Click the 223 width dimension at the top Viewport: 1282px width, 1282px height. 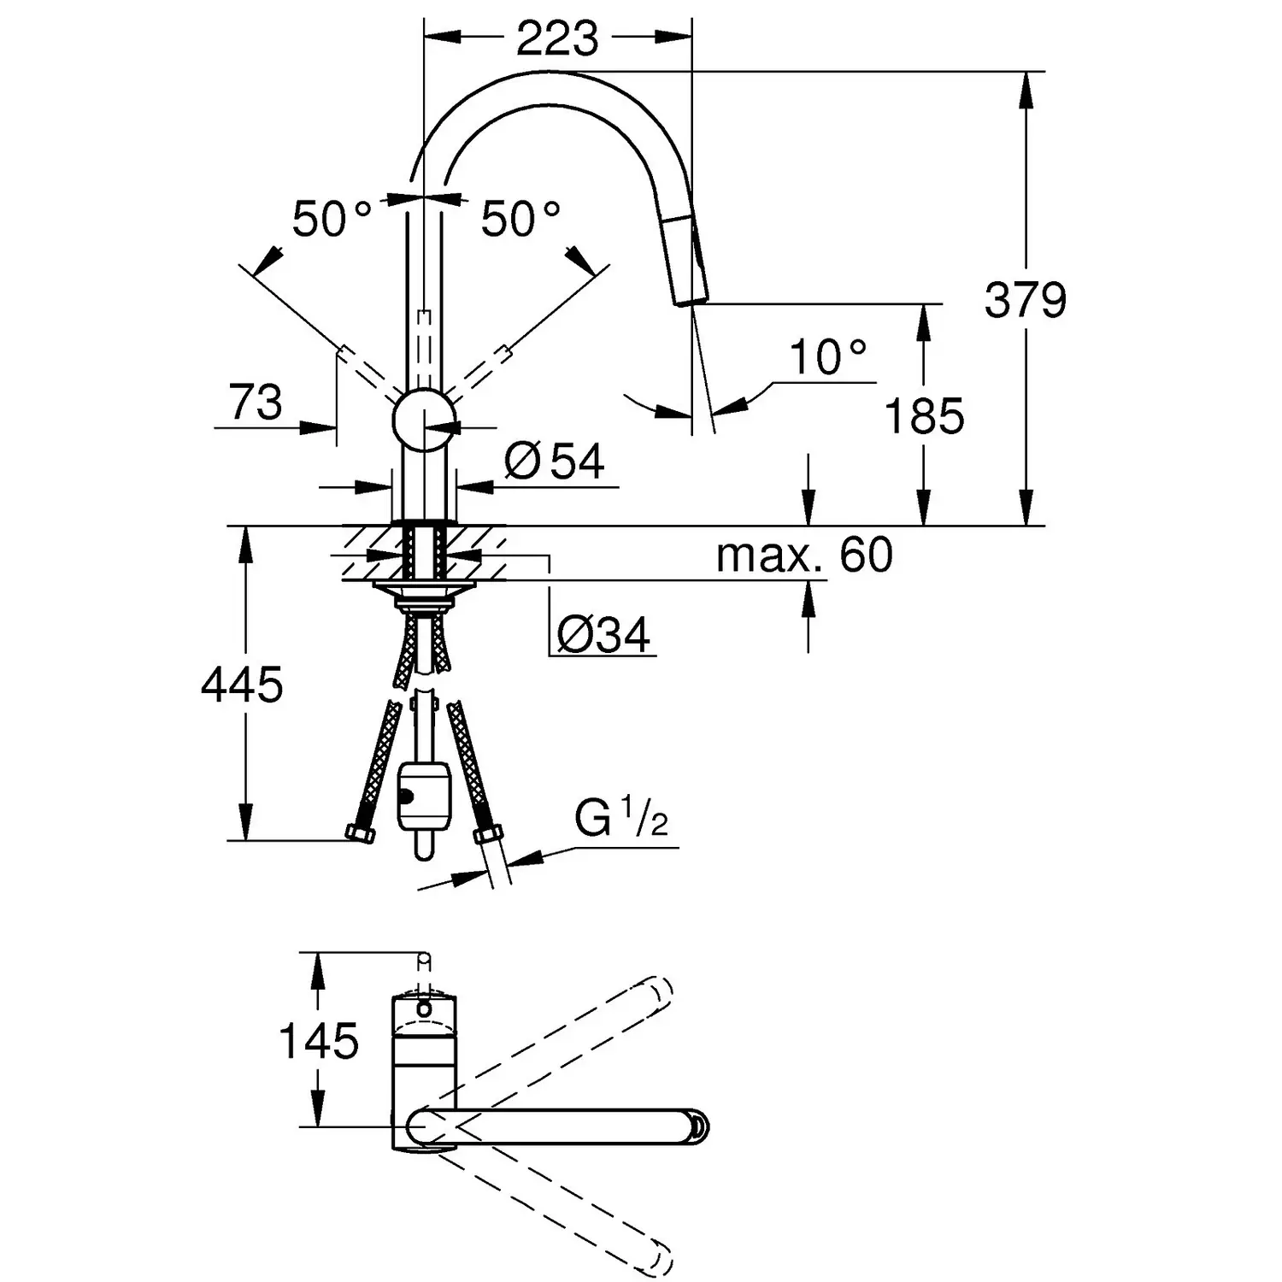(557, 38)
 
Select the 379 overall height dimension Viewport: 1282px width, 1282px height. (1025, 300)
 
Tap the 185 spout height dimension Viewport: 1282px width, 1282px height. (924, 416)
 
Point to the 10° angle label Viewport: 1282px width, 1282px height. (826, 357)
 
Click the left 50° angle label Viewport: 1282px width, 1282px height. (331, 219)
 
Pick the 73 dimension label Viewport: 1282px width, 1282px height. (256, 402)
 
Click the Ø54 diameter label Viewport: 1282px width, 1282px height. (554, 462)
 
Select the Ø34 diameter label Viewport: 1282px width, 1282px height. (603, 635)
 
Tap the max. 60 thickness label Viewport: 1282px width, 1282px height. (804, 555)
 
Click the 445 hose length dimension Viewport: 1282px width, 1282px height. (242, 685)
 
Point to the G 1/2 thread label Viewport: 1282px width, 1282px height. (620, 820)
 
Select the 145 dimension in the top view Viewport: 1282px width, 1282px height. (319, 1041)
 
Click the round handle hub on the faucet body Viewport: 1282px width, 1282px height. (425, 419)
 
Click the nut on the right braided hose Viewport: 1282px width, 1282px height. (486, 835)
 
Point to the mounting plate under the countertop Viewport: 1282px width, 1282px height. (424, 588)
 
